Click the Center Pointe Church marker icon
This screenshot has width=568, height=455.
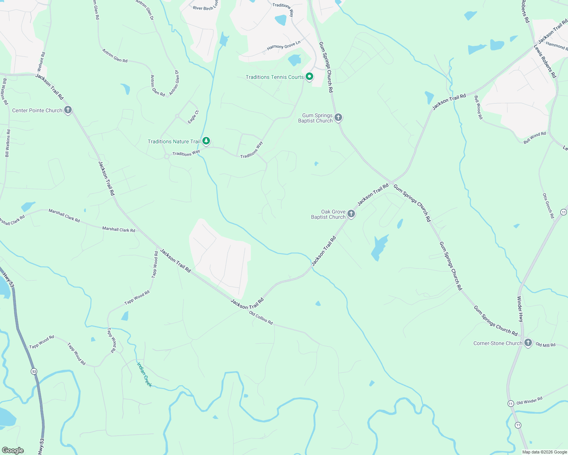pyautogui.click(x=68, y=110)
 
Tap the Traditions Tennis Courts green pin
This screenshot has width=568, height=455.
pyautogui.click(x=309, y=77)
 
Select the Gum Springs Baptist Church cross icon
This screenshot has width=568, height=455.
pyautogui.click(x=338, y=118)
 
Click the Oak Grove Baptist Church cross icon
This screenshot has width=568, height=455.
pyautogui.click(x=351, y=214)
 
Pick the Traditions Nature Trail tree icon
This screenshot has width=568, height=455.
pyautogui.click(x=206, y=141)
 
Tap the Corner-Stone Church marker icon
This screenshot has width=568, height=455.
pyautogui.click(x=528, y=343)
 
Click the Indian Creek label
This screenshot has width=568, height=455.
pyautogui.click(x=144, y=375)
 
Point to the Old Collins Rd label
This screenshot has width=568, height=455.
pyautogui.click(x=261, y=318)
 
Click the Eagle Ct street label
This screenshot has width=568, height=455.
pyautogui.click(x=193, y=117)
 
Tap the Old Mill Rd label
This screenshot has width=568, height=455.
pyautogui.click(x=545, y=345)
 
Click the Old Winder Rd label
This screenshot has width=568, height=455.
pyautogui.click(x=529, y=401)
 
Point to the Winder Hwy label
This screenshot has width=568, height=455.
pyautogui.click(x=520, y=309)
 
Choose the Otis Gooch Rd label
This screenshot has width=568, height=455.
pyautogui.click(x=548, y=206)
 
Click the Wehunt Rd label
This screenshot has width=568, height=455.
pyautogui.click(x=41, y=62)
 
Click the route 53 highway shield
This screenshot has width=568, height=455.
pyautogui.click(x=34, y=372)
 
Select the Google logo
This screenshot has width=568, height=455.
pyautogui.click(x=13, y=450)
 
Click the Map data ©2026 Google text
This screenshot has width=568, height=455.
pyautogui.click(x=544, y=452)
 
